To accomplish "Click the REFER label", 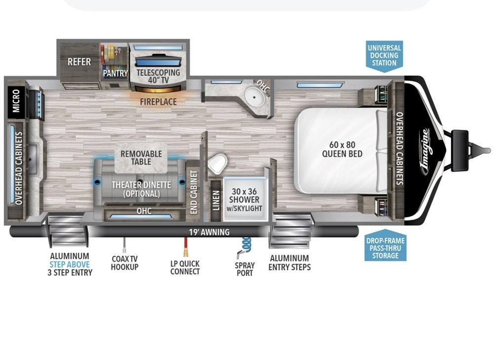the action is [79, 62].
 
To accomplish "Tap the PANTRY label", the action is [115, 73].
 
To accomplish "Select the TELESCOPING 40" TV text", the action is [158, 76].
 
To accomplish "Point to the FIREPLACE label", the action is [158, 102].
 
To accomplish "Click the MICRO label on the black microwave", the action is [16, 100].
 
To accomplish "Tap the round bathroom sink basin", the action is [255, 96].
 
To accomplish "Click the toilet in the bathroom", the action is [217, 164].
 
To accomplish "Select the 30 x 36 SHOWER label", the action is [244, 200].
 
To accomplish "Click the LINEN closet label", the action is [216, 200].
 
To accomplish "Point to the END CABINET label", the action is [194, 192].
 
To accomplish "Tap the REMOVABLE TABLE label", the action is [141, 158].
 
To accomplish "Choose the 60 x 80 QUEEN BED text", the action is [342, 149].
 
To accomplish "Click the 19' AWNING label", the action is [209, 233].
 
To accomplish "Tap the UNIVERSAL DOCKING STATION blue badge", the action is [384, 56].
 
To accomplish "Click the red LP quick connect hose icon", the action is [186, 247].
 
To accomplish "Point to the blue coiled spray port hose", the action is [245, 246].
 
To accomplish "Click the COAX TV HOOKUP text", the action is [125, 263].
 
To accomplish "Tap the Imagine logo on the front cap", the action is [427, 151].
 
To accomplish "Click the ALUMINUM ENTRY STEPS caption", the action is [289, 263].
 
